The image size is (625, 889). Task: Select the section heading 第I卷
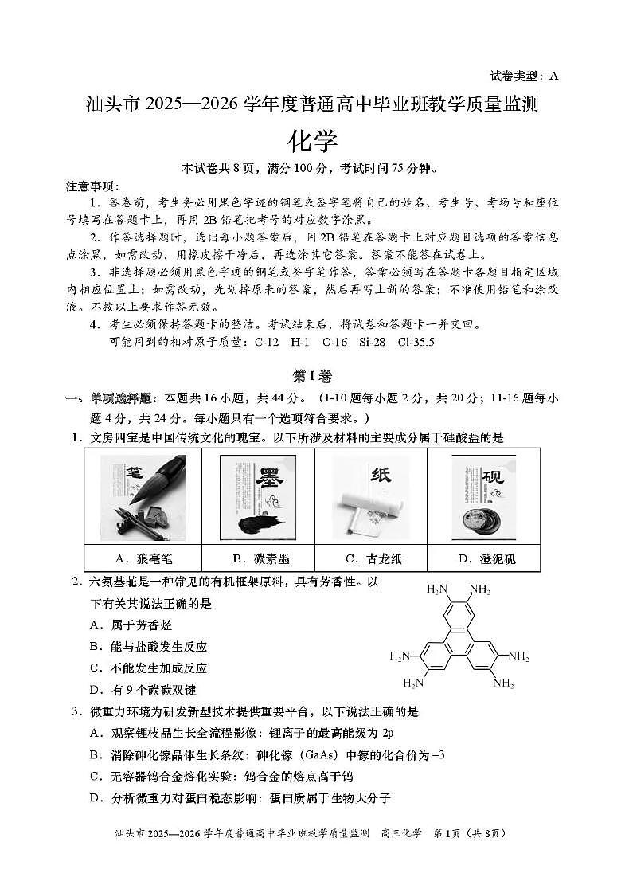pos(312,377)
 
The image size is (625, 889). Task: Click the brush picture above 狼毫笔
pos(143,496)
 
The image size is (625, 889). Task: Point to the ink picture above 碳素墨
pos(257,496)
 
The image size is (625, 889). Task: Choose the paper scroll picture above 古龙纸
pos(372,496)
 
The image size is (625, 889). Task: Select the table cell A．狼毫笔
pos(143,558)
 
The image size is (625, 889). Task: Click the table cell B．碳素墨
pos(257,558)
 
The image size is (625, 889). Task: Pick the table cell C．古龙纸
pos(372,558)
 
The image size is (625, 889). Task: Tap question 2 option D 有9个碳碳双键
pos(143,690)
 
